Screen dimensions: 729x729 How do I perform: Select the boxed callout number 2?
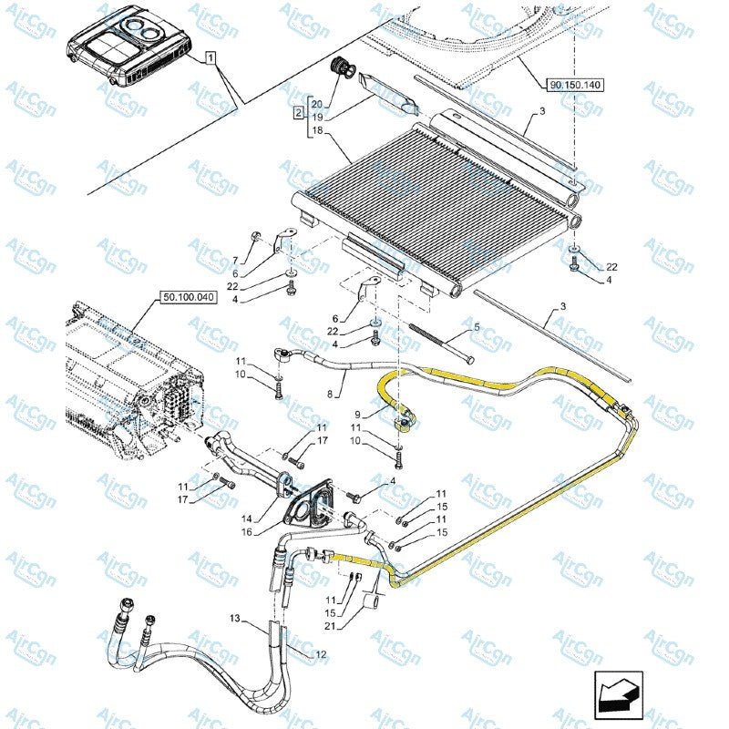298,113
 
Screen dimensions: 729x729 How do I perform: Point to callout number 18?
317,131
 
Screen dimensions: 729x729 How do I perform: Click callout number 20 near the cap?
317,103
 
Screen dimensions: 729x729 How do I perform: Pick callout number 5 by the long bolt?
475,326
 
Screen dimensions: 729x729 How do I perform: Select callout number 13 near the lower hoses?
234,620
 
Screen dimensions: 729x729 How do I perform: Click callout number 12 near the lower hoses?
320,654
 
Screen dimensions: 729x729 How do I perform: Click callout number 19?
317,118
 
